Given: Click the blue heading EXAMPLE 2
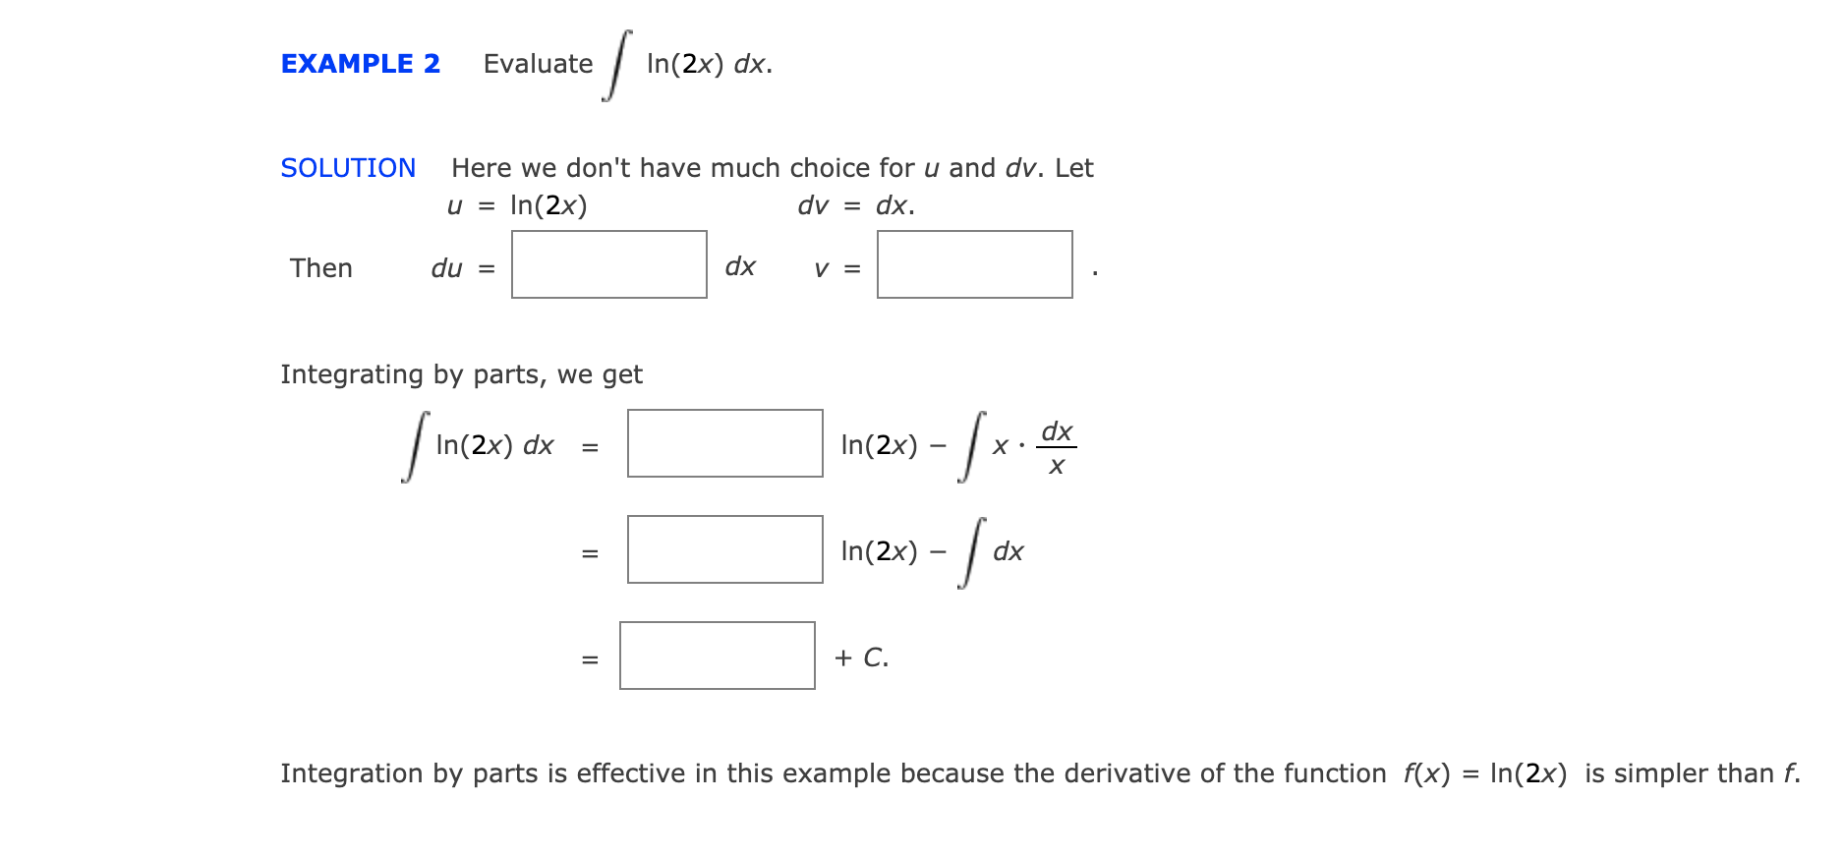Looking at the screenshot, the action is (360, 64).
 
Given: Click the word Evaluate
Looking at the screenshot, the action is (538, 64).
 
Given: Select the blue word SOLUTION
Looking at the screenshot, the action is (348, 168).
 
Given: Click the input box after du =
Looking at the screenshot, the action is (608, 264).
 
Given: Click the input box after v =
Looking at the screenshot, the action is (974, 264).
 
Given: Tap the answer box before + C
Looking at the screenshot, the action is (717, 656).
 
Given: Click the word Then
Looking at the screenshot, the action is (320, 268).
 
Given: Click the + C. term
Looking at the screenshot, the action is (861, 657).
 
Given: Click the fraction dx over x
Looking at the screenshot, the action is (1057, 448).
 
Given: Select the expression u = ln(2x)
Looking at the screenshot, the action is (517, 205).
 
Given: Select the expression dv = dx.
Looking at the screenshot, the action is (856, 205).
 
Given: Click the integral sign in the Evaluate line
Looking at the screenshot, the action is (616, 65).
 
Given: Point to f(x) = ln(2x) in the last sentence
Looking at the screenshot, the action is (1484, 773).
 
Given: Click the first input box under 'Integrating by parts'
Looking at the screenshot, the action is (724, 443).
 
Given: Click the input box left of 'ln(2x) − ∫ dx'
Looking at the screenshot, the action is (724, 549).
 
